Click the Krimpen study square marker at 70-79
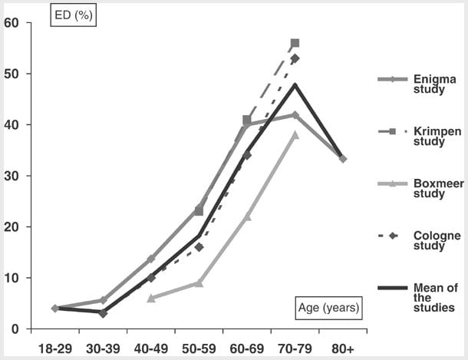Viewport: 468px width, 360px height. click(x=295, y=43)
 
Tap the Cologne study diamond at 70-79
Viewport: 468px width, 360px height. click(x=295, y=58)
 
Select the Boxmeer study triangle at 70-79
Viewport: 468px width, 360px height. click(x=295, y=134)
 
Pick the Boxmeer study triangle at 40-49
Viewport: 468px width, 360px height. click(x=151, y=298)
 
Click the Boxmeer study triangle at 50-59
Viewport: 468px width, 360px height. click(x=199, y=282)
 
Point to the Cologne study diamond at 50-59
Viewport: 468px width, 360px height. click(x=199, y=247)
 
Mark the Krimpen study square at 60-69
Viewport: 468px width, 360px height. click(x=246, y=120)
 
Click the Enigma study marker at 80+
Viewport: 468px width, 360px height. click(x=342, y=159)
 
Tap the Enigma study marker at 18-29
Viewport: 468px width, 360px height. click(x=55, y=308)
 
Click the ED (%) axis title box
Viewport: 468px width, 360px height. click(x=72, y=15)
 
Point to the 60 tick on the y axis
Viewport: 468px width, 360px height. click(x=11, y=23)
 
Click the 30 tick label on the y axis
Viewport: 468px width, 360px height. click(x=11, y=176)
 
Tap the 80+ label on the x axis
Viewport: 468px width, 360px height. click(x=342, y=348)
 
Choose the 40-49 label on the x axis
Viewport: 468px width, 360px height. click(x=151, y=348)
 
